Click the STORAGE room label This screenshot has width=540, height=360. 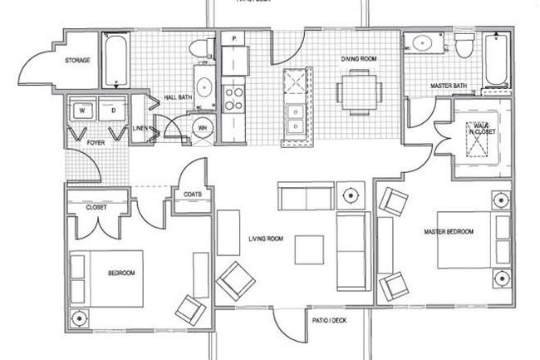[77, 62]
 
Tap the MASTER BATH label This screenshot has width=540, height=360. [446, 86]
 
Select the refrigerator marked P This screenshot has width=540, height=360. [235, 52]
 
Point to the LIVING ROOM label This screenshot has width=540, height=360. [266, 239]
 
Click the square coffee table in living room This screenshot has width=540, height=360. [310, 249]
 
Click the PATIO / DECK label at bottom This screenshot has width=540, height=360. [328, 320]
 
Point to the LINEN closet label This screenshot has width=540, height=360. [140, 129]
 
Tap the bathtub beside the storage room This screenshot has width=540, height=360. [113, 60]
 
